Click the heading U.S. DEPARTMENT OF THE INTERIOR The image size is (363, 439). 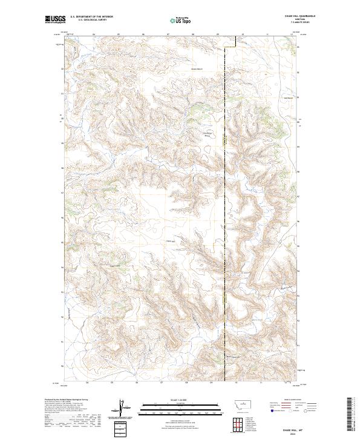[91, 17]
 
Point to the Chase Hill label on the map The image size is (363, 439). [170, 242]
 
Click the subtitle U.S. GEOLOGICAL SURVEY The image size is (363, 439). [88, 20]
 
